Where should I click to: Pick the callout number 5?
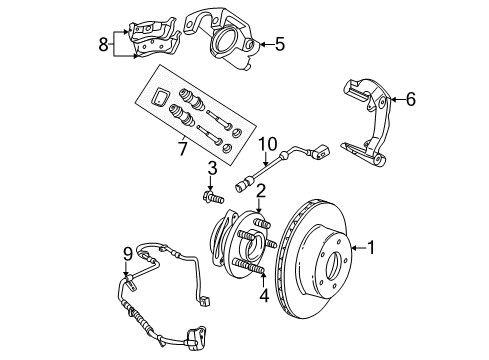click(x=281, y=43)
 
